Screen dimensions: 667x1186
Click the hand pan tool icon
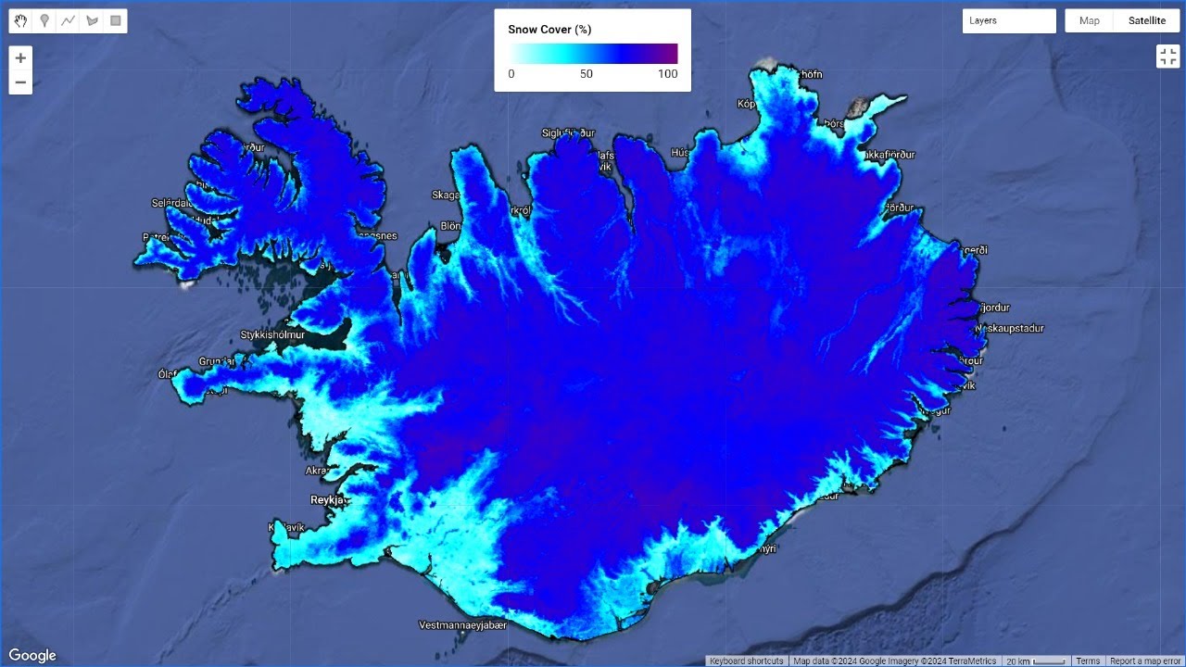click(x=20, y=20)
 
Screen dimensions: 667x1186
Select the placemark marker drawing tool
click(x=44, y=20)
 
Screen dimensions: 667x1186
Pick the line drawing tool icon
click(x=68, y=20)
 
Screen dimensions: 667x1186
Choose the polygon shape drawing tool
click(x=92, y=20)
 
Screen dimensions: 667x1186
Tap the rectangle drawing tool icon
click(x=116, y=20)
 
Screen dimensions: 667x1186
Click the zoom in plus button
click(x=20, y=57)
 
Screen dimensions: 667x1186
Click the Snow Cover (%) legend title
click(x=549, y=30)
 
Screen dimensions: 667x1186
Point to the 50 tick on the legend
click(x=587, y=74)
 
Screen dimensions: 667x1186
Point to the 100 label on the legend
click(x=667, y=74)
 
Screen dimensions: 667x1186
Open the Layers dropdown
click(x=1009, y=20)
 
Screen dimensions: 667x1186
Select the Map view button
click(x=1090, y=20)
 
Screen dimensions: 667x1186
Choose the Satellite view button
click(x=1146, y=20)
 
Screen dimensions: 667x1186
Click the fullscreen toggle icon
click(x=1167, y=57)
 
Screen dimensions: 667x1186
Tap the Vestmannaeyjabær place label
click(x=463, y=625)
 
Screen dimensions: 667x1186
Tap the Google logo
click(x=32, y=656)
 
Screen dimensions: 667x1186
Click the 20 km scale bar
click(x=1036, y=661)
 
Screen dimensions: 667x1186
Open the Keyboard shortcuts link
click(x=747, y=661)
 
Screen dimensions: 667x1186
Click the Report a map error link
click(x=1145, y=661)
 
